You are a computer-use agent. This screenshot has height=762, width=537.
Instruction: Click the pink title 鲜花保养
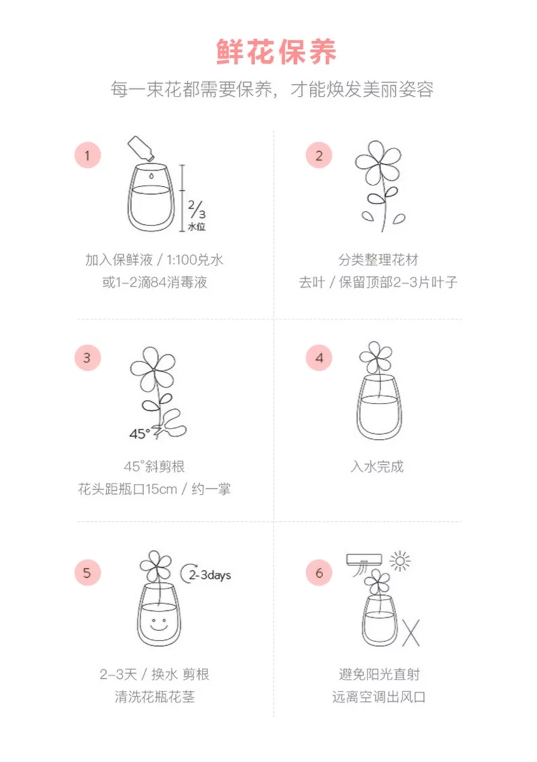(276, 52)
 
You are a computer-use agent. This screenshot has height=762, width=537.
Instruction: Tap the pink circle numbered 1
(88, 156)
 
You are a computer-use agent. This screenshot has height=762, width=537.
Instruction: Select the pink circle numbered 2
(319, 156)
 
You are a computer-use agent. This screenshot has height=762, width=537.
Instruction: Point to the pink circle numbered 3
(88, 358)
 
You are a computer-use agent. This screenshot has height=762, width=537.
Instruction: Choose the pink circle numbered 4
(319, 358)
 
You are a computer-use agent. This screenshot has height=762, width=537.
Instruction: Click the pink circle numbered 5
(88, 573)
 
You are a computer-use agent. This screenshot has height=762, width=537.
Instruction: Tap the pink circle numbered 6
(319, 573)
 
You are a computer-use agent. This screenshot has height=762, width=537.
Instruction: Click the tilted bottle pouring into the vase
(141, 148)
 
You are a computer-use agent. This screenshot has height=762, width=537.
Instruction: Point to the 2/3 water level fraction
(197, 209)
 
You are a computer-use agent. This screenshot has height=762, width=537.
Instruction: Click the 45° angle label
(140, 434)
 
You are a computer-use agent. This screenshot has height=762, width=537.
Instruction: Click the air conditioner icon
(364, 564)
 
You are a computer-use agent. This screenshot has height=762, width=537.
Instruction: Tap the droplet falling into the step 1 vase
(151, 176)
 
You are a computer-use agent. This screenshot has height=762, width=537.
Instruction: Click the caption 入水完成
(377, 467)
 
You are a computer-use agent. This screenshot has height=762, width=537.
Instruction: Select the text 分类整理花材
(378, 260)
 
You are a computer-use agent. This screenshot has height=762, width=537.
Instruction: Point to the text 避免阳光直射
(379, 674)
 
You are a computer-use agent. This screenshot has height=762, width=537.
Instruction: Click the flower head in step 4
(376, 356)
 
